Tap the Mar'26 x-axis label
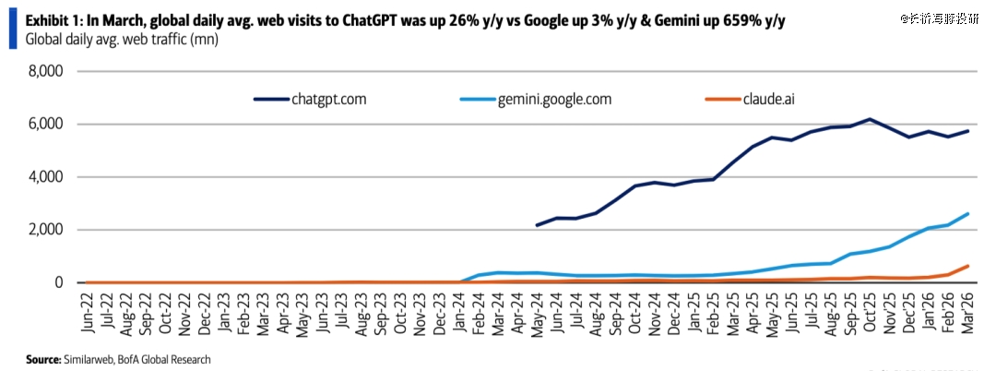point(968,314)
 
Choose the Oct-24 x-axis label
point(635,314)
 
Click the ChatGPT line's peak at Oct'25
point(869,119)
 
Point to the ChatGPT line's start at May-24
point(537,225)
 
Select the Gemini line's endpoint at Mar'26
point(967,214)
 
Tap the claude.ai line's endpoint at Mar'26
point(967,266)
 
